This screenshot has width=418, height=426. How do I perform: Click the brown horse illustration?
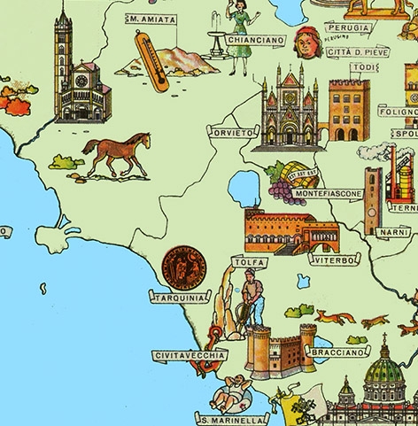coord(116,153)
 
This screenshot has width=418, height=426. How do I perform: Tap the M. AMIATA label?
coord(151,19)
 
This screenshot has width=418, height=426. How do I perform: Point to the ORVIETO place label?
coord(231,132)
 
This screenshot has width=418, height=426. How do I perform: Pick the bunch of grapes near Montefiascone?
coord(283,182)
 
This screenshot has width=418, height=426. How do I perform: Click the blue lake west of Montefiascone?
coord(241,188)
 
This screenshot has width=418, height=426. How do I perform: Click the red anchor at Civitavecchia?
coord(213,341)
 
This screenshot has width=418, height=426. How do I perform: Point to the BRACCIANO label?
coord(335,351)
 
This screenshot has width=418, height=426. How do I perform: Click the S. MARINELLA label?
coord(232,419)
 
